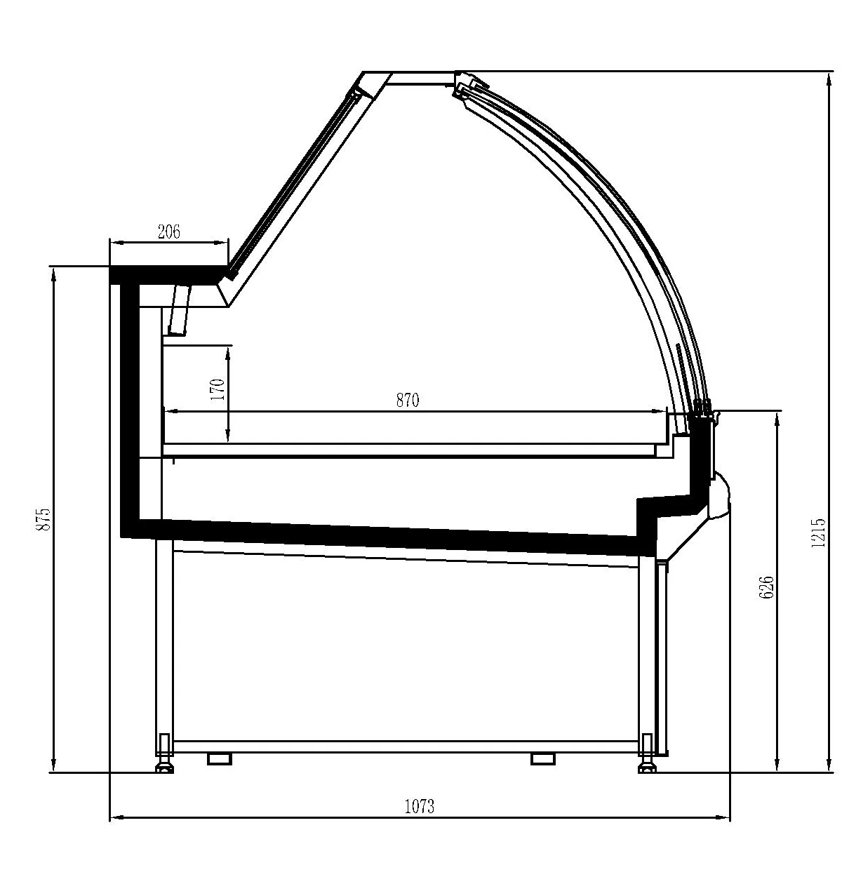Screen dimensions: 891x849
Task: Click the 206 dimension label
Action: (x=169, y=232)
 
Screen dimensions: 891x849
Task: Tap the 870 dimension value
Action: (x=407, y=401)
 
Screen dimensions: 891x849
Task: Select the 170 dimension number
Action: (x=218, y=389)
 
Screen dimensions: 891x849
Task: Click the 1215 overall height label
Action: (x=819, y=532)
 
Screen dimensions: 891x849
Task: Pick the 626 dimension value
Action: (x=766, y=587)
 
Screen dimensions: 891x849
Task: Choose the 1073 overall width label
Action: (x=420, y=806)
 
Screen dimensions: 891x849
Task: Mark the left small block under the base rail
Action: (x=220, y=758)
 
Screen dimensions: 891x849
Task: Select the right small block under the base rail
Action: (x=543, y=758)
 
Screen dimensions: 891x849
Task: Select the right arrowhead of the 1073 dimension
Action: (x=724, y=817)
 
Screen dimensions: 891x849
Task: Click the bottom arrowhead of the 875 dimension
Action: (x=53, y=766)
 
